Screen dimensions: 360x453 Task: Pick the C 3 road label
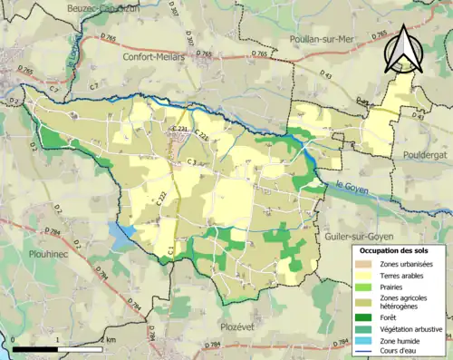(191, 162)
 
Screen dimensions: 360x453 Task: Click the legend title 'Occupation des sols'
(399, 250)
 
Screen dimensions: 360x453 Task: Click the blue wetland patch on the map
(123, 230)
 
